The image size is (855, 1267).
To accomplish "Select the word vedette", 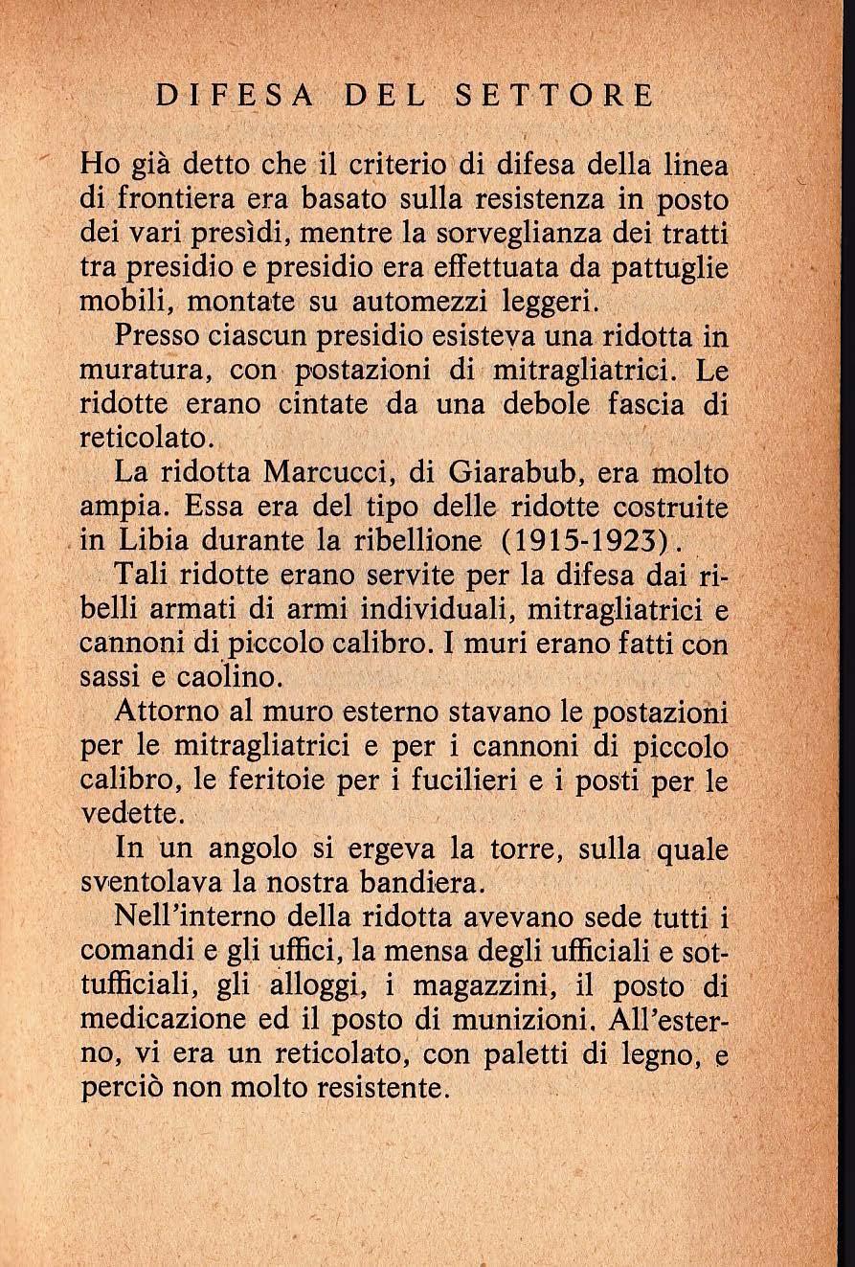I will [x=127, y=815].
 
